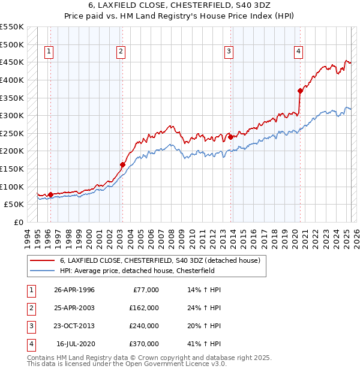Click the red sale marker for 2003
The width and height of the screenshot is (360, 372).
[122, 164]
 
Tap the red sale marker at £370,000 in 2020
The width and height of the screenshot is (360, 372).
[300, 91]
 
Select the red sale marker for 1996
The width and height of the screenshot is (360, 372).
[50, 194]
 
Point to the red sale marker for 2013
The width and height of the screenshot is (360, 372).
[230, 137]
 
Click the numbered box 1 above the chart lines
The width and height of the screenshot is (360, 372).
[48, 52]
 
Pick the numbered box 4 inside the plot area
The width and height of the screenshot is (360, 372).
[298, 52]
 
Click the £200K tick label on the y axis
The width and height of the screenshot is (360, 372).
[12, 151]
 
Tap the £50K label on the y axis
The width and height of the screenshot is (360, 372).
[14, 204]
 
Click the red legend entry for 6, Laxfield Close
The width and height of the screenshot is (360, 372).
[160, 260]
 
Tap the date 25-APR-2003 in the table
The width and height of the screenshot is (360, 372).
[74, 308]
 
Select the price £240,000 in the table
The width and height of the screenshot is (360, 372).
[143, 326]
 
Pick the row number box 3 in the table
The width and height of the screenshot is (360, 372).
[30, 326]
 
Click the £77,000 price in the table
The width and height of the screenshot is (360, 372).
[146, 290]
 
